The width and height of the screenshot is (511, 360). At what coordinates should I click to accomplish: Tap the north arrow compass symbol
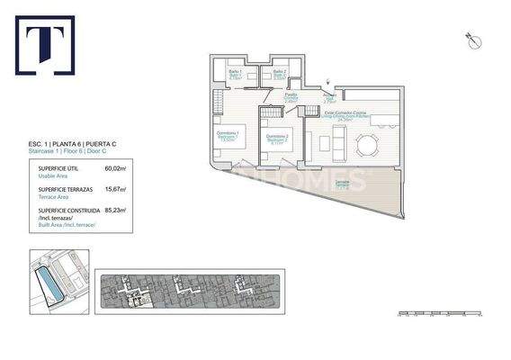[469, 38]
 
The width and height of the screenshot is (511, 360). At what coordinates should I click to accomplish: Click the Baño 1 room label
[236, 73]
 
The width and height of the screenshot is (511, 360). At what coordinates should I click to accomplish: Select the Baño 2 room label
[280, 73]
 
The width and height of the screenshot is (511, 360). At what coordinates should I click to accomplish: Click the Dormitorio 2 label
[277, 139]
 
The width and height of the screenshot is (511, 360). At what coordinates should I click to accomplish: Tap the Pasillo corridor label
[291, 95]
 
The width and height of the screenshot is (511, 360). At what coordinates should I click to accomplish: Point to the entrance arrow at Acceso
[328, 81]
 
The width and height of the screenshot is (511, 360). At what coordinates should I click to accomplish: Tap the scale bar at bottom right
[441, 313]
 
